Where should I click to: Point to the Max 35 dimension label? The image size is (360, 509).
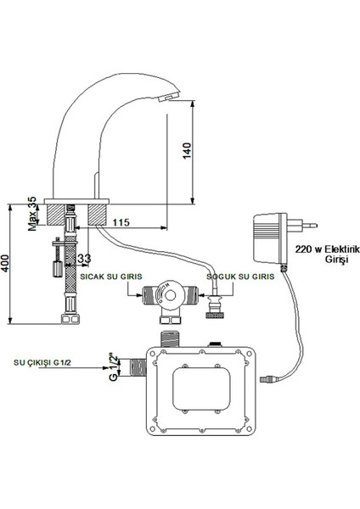(x=33, y=211)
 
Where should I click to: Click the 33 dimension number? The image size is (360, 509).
(x=84, y=258)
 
